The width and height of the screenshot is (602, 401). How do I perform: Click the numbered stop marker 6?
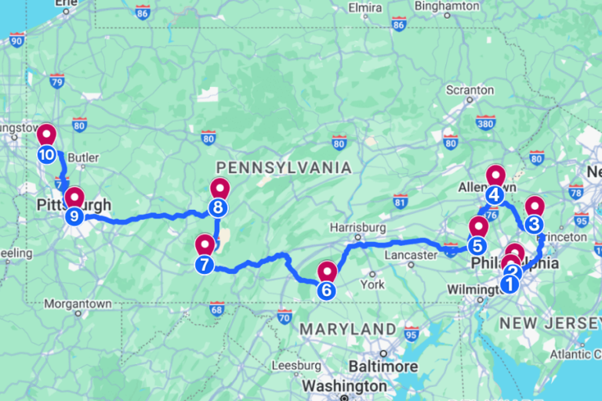coord(326,290)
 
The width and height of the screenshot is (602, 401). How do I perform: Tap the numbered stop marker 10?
coord(46,154)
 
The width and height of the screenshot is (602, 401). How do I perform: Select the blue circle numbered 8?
coord(218,208)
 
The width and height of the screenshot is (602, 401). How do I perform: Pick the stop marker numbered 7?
coord(205,265)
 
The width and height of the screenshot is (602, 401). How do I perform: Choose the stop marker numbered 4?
coord(494,195)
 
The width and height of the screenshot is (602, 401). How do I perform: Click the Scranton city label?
coord(470,90)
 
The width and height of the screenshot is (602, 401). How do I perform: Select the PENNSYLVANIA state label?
coord(283,168)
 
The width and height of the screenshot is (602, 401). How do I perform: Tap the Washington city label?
coord(344,386)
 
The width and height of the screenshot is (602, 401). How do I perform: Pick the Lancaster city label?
coord(410,255)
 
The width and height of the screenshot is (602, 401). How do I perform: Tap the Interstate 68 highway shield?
coord(216,310)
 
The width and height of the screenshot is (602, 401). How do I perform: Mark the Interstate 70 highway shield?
coord(284,316)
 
